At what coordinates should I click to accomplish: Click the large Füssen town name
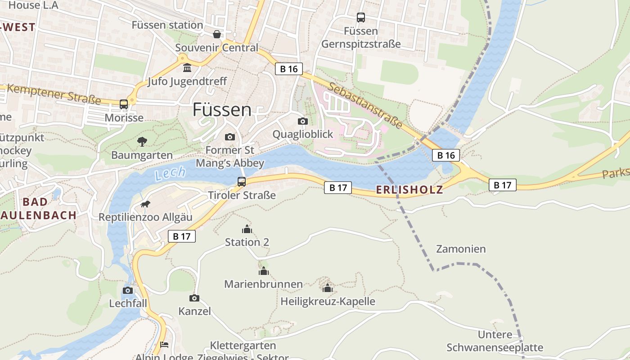[x=222, y=110]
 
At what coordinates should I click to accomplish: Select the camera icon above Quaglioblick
[x=303, y=121]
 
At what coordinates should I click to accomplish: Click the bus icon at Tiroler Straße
[x=242, y=182]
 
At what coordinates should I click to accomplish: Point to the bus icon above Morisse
[x=124, y=104]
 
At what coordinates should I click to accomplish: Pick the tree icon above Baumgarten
[x=142, y=142]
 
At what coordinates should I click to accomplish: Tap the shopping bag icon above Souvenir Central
[x=217, y=34]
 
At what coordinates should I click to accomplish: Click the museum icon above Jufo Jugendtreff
[x=187, y=68]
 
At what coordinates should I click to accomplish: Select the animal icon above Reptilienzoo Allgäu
[x=145, y=204]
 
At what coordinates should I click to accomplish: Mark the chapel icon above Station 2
[x=247, y=229]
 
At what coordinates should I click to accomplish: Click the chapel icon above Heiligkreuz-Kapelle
[x=328, y=288]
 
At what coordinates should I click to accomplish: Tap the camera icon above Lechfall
[x=128, y=290]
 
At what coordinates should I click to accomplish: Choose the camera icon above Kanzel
[x=194, y=298]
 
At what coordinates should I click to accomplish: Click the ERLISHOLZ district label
[x=409, y=190]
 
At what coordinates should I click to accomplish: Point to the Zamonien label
[x=461, y=249]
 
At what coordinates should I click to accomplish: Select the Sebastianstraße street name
[x=364, y=105]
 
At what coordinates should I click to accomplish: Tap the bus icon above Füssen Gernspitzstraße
[x=360, y=18]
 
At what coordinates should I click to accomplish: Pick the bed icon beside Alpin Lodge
[x=164, y=345]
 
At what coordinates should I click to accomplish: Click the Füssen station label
[x=167, y=25]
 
